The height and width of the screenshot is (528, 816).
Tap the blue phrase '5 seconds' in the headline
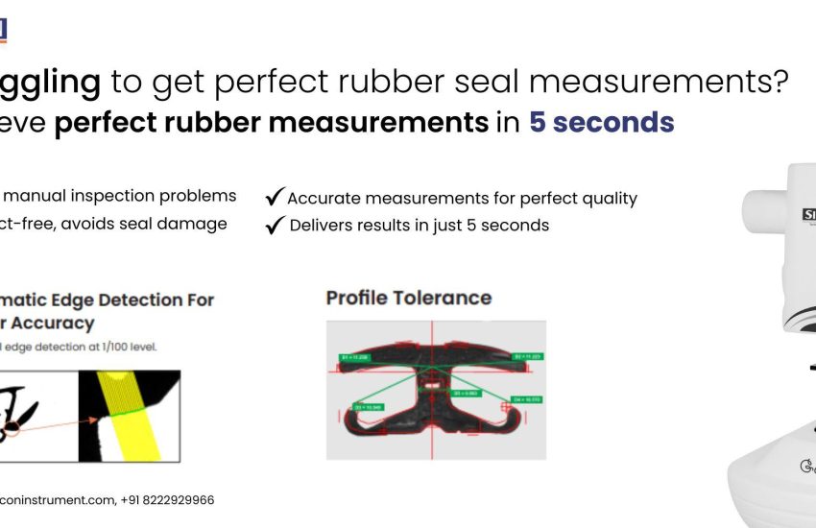coord(602,123)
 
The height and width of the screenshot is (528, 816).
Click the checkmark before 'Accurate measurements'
coord(274,198)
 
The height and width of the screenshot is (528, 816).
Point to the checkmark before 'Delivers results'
coord(274,225)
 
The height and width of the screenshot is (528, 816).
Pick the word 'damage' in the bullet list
coord(197,224)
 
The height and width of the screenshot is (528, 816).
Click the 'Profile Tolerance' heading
coord(409,298)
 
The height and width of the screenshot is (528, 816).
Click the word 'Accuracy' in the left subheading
coord(53,324)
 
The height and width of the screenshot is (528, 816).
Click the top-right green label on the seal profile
coord(528,356)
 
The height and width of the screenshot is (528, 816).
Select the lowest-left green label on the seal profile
coord(369,408)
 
